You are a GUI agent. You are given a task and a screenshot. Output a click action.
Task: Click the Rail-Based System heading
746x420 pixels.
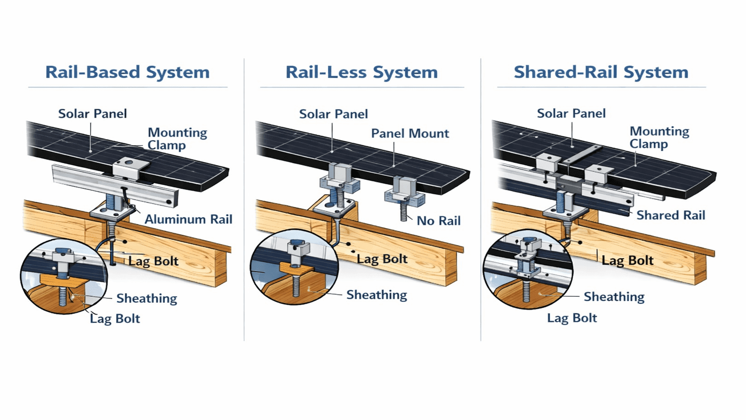coord(127,72)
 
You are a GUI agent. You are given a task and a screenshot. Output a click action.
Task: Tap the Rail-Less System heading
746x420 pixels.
coord(361,72)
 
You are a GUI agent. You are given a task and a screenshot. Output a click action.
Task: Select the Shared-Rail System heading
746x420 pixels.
coord(601,72)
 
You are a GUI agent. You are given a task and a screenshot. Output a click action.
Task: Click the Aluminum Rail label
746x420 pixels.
coord(188,219)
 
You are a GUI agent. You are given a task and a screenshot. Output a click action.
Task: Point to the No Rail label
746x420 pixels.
coord(438,221)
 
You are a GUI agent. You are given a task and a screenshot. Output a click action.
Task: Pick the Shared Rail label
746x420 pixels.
coord(670,215)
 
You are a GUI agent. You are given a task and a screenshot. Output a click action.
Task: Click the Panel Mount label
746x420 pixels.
coord(410,133)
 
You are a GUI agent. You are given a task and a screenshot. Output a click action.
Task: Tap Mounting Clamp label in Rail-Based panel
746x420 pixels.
coord(177,139)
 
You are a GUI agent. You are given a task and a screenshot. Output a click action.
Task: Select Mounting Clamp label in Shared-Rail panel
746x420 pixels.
coord(659,137)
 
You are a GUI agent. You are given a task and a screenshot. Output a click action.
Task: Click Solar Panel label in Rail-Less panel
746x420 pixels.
coord(333,114)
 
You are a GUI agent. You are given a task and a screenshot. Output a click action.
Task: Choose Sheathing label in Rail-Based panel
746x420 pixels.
coord(146,298)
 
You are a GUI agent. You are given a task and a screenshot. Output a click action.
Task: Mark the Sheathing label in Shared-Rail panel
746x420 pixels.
coord(614,297)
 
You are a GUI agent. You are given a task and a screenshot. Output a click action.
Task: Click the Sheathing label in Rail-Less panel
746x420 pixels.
coord(376,295)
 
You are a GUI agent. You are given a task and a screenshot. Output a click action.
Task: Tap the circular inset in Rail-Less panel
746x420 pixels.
coord(294,267)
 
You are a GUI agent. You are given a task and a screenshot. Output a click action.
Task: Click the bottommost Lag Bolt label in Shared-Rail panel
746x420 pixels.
coord(572,318)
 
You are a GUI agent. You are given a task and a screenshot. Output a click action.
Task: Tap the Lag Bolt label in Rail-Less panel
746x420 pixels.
coord(382,259)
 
